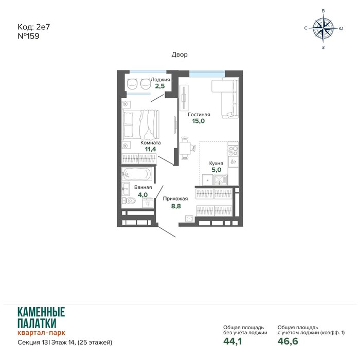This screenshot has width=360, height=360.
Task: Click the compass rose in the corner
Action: pyautogui.click(x=323, y=28)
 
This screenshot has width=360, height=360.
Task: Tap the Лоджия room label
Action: pyautogui.click(x=160, y=80)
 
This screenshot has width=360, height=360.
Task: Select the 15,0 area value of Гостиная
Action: pyautogui.click(x=199, y=121)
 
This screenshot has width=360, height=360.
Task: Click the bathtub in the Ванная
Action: pyautogui.click(x=137, y=174)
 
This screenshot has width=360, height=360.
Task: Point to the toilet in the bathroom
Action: pyautogui.click(x=129, y=201)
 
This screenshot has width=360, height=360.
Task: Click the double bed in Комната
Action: pyautogui.click(x=140, y=124)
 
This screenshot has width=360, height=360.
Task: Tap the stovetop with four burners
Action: pyautogui.click(x=233, y=151)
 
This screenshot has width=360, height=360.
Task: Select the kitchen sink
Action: pyautogui.click(x=220, y=180)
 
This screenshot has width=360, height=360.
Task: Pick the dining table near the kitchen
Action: pyautogui.click(x=185, y=148)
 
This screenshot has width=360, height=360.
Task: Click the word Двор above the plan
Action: pyautogui.click(x=179, y=55)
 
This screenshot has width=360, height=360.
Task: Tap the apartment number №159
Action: pyautogui.click(x=28, y=36)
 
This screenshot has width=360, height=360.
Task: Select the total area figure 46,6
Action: pyautogui.click(x=288, y=341)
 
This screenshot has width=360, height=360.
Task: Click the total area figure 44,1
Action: pyautogui.click(x=232, y=341)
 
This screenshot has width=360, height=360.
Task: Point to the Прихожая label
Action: pyautogui.click(x=175, y=199)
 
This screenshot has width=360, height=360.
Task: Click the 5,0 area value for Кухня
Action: pyautogui.click(x=217, y=170)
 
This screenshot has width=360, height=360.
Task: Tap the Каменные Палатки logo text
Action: pyautogui.click(x=41, y=318)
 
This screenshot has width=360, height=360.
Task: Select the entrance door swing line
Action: pyautogui.click(x=167, y=231)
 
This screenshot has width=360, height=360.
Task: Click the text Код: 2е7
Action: pyautogui.click(x=34, y=27)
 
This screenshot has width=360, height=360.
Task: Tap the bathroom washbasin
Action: pyautogui.click(x=125, y=189)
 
